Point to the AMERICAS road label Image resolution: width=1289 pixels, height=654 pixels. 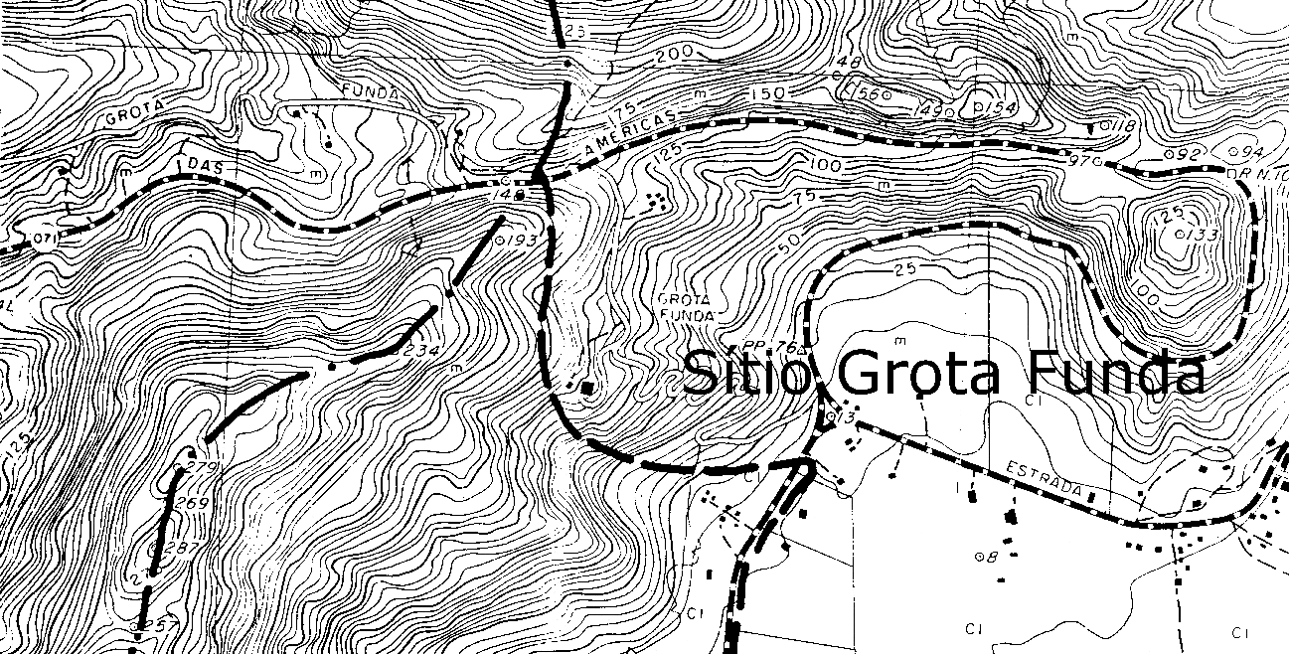630,132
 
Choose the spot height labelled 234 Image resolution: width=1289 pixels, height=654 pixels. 416,350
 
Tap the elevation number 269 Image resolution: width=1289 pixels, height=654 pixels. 193,504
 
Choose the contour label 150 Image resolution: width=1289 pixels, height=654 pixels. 768,94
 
